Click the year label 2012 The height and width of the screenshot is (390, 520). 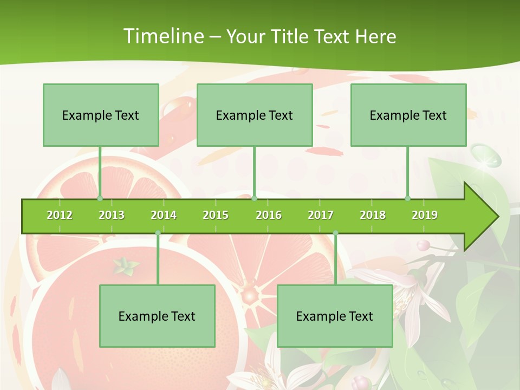[x=60, y=215]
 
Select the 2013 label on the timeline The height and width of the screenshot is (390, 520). [x=112, y=215]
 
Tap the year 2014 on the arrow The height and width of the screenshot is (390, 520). [x=164, y=215]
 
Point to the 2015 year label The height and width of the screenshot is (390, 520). [x=216, y=215]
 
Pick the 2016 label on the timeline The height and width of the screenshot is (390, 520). [x=269, y=215]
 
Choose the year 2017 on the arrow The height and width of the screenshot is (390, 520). [x=321, y=215]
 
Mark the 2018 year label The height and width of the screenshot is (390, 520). [x=373, y=215]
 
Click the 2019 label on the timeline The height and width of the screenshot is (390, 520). [x=425, y=215]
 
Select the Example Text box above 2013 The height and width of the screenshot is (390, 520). [x=101, y=115]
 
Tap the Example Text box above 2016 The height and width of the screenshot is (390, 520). [x=255, y=115]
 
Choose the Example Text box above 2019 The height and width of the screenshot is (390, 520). [x=408, y=115]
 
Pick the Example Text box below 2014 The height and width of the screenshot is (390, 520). [x=157, y=316]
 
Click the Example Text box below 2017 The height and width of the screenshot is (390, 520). [x=335, y=316]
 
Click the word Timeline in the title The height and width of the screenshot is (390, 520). [x=162, y=36]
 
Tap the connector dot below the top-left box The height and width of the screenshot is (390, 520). [x=100, y=198]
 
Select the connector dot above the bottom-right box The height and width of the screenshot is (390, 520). [x=335, y=233]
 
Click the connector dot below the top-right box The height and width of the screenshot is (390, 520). [x=408, y=198]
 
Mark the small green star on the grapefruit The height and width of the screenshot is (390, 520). [x=126, y=265]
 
